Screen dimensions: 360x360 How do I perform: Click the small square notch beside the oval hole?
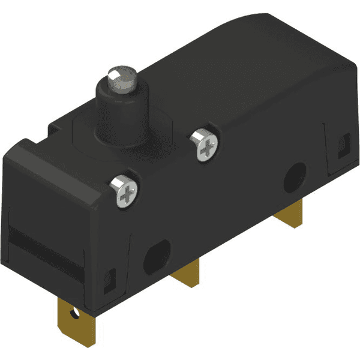coord(110,278)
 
